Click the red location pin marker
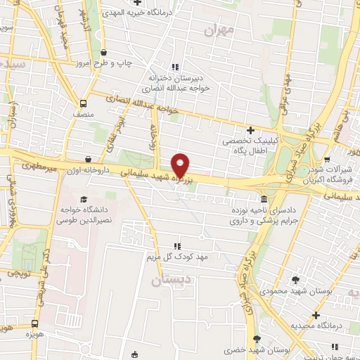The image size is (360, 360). (181, 165)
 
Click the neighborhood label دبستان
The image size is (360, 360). (167, 280)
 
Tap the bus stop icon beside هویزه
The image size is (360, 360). (35, 324)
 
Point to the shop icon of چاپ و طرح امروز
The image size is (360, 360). (104, 52)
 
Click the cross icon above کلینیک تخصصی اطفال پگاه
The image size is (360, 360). (250, 130)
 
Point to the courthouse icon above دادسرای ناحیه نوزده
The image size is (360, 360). (263, 199)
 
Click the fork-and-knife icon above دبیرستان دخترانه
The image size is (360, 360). (176, 66)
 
